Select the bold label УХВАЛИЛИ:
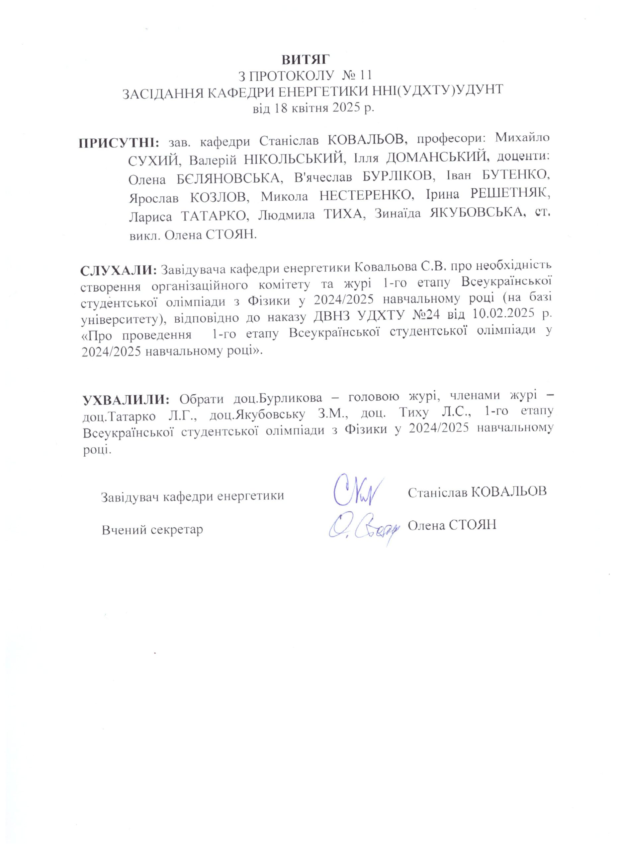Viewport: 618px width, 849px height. [x=126, y=399]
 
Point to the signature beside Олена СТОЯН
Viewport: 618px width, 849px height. [x=361, y=528]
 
